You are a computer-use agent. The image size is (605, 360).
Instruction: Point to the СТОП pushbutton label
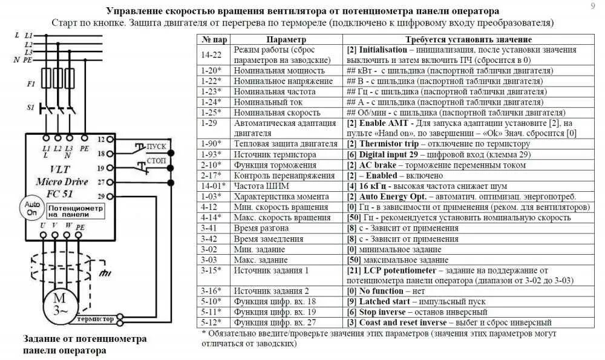point(156,162)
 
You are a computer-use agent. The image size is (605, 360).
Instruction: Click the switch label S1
point(31,107)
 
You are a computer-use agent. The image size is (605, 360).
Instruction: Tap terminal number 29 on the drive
point(101,195)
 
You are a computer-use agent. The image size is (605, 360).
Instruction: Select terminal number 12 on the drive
point(101,139)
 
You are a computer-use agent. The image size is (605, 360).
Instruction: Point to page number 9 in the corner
point(592,6)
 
